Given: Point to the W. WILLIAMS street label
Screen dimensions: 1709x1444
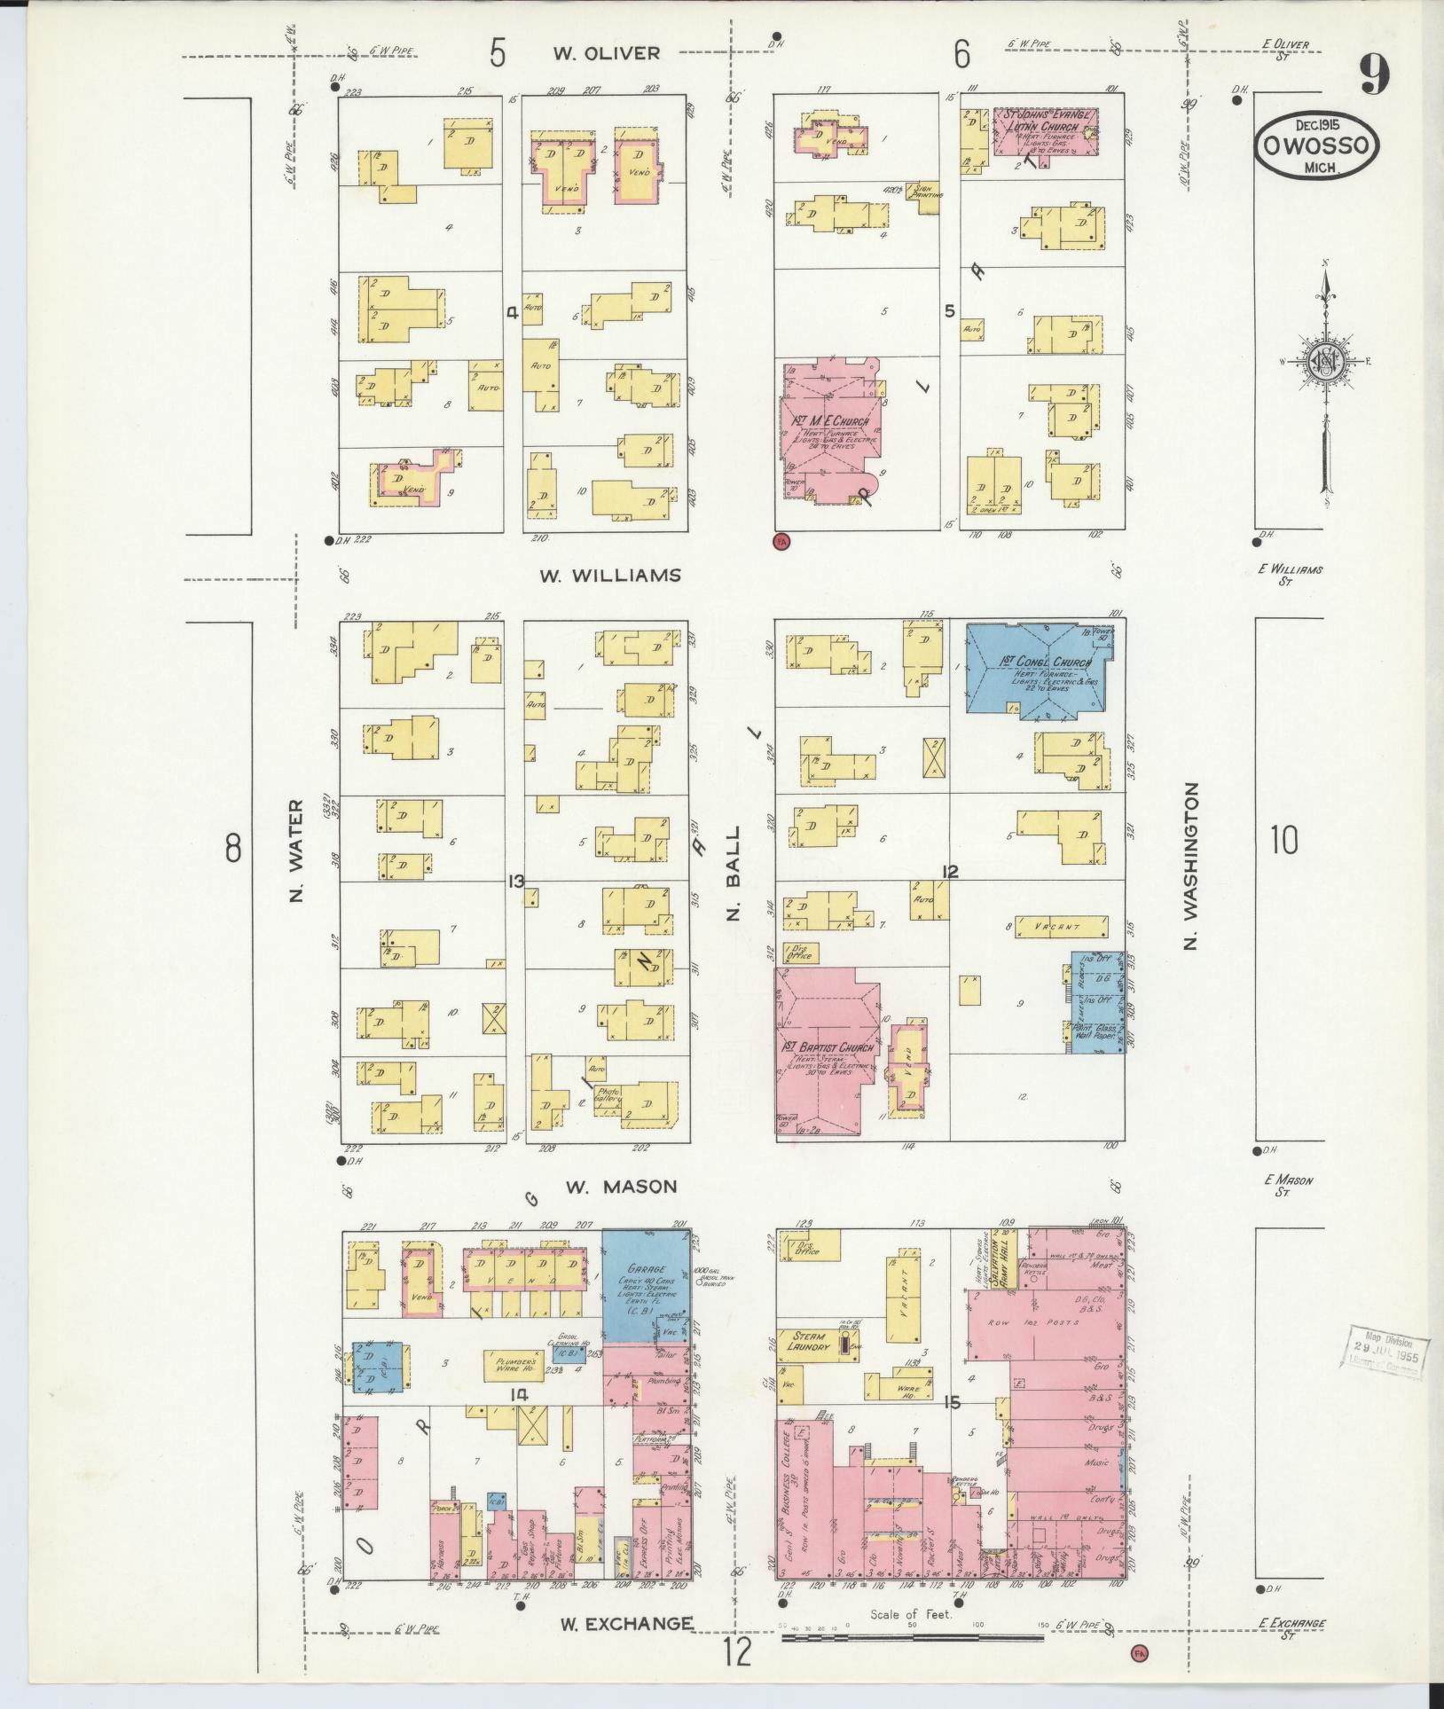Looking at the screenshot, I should (611, 576).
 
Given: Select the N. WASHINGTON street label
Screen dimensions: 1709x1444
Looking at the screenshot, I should (1191, 867).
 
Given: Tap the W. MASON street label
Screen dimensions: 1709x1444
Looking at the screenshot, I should (622, 1186).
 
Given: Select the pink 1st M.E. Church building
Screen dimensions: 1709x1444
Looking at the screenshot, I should (829, 432).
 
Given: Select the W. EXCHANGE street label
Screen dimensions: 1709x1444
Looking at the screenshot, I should (626, 1623).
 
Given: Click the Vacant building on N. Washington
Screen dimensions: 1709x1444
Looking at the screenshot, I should (1062, 927).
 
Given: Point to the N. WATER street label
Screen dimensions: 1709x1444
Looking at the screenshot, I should (296, 851).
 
